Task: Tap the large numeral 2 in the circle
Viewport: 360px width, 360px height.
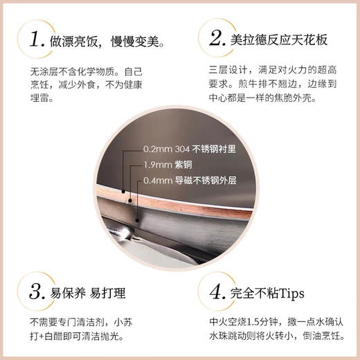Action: coord(212,39)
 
